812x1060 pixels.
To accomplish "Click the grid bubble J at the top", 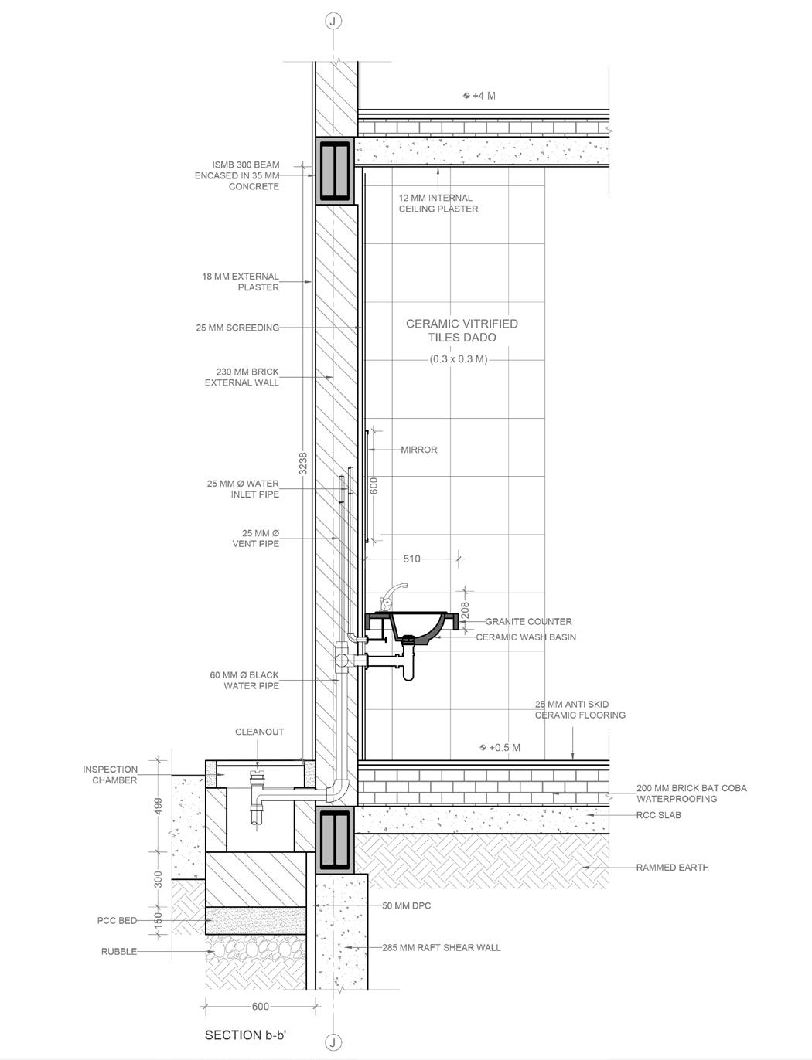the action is [x=333, y=21].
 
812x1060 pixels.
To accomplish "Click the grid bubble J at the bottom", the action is [x=333, y=1042].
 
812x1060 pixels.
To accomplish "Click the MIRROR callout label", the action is [x=418, y=450].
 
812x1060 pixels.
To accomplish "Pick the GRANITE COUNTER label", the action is [x=528, y=621].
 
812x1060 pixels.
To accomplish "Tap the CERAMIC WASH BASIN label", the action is [x=525, y=637].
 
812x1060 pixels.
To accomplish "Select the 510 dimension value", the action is [x=411, y=559].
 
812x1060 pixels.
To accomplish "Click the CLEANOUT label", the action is [x=260, y=732].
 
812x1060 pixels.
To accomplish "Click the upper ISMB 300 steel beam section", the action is [x=333, y=170].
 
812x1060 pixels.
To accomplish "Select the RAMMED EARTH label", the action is [x=672, y=868].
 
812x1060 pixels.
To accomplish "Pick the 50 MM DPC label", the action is [x=406, y=905].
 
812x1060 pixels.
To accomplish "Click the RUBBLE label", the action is [x=119, y=952].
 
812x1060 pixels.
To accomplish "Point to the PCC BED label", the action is [x=117, y=921].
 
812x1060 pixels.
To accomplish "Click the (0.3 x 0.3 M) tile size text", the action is [x=459, y=359].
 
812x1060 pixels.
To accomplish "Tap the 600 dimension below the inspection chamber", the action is [x=261, y=1006].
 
